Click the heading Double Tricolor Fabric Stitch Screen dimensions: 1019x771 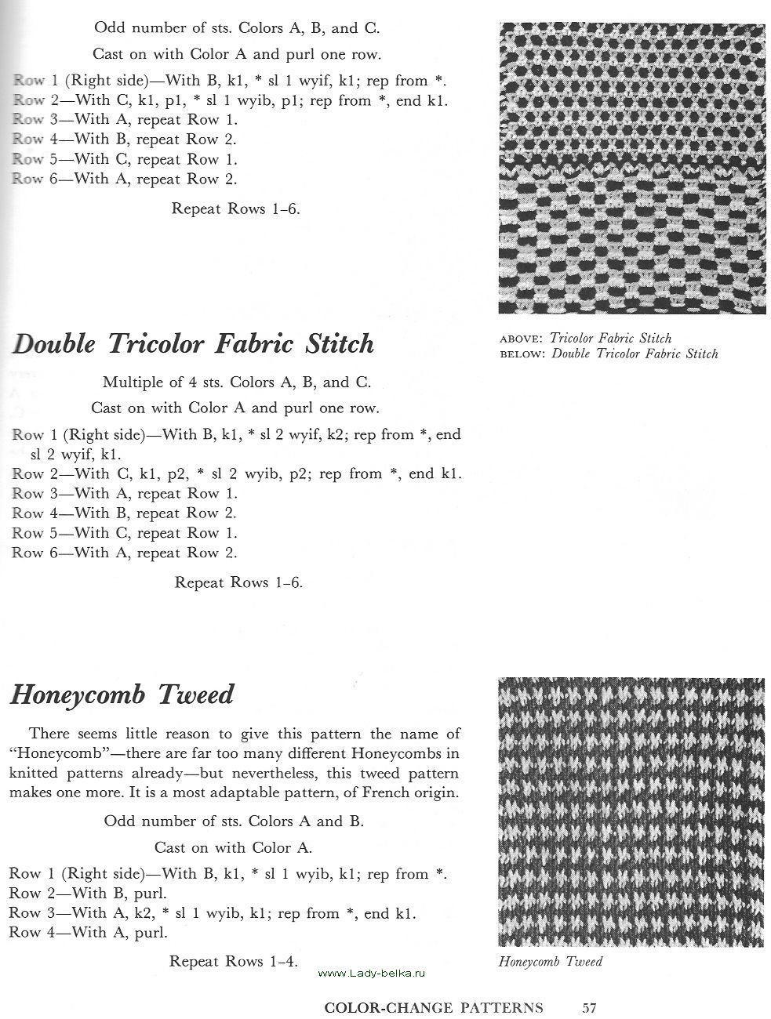tap(194, 345)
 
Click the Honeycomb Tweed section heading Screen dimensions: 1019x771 tap(122, 695)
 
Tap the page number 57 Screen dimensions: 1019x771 tap(590, 1007)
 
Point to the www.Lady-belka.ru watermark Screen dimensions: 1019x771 tap(372, 973)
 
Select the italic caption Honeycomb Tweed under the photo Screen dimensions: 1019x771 tap(550, 962)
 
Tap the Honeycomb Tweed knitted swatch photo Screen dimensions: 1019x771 tap(631, 812)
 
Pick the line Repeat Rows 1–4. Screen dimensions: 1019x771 tap(233, 960)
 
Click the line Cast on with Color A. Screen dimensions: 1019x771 tap(233, 847)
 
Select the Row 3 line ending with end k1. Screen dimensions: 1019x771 tap(212, 913)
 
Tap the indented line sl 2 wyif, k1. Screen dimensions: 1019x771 tap(75, 454)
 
